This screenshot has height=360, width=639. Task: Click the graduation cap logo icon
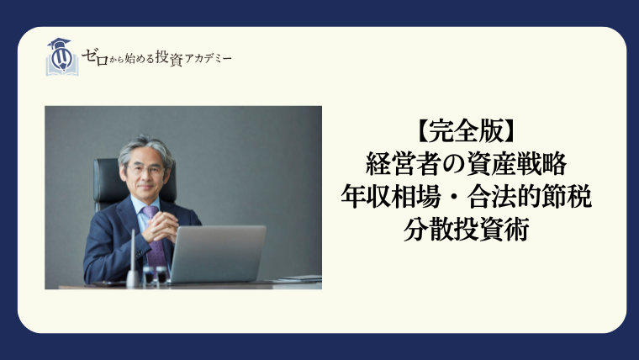pyautogui.click(x=62, y=56)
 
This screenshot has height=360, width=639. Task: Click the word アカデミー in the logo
pyautogui.click(x=208, y=59)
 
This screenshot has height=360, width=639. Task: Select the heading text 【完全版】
pyautogui.click(x=466, y=132)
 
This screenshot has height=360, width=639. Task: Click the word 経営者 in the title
pyautogui.click(x=404, y=164)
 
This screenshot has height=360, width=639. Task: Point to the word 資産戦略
pyautogui.click(x=517, y=164)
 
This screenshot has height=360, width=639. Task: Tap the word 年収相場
pyautogui.click(x=391, y=197)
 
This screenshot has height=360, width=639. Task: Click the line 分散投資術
pyautogui.click(x=466, y=229)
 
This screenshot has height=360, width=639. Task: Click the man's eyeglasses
pyautogui.click(x=145, y=169)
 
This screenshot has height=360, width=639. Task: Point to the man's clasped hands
pyautogui.click(x=161, y=227)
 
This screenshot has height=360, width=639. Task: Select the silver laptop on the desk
pyautogui.click(x=217, y=254)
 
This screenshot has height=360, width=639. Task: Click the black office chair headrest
pyautogui.click(x=107, y=179)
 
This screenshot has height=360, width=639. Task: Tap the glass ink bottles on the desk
pyautogui.click(x=156, y=275)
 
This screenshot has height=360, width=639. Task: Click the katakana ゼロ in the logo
pyautogui.click(x=95, y=57)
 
